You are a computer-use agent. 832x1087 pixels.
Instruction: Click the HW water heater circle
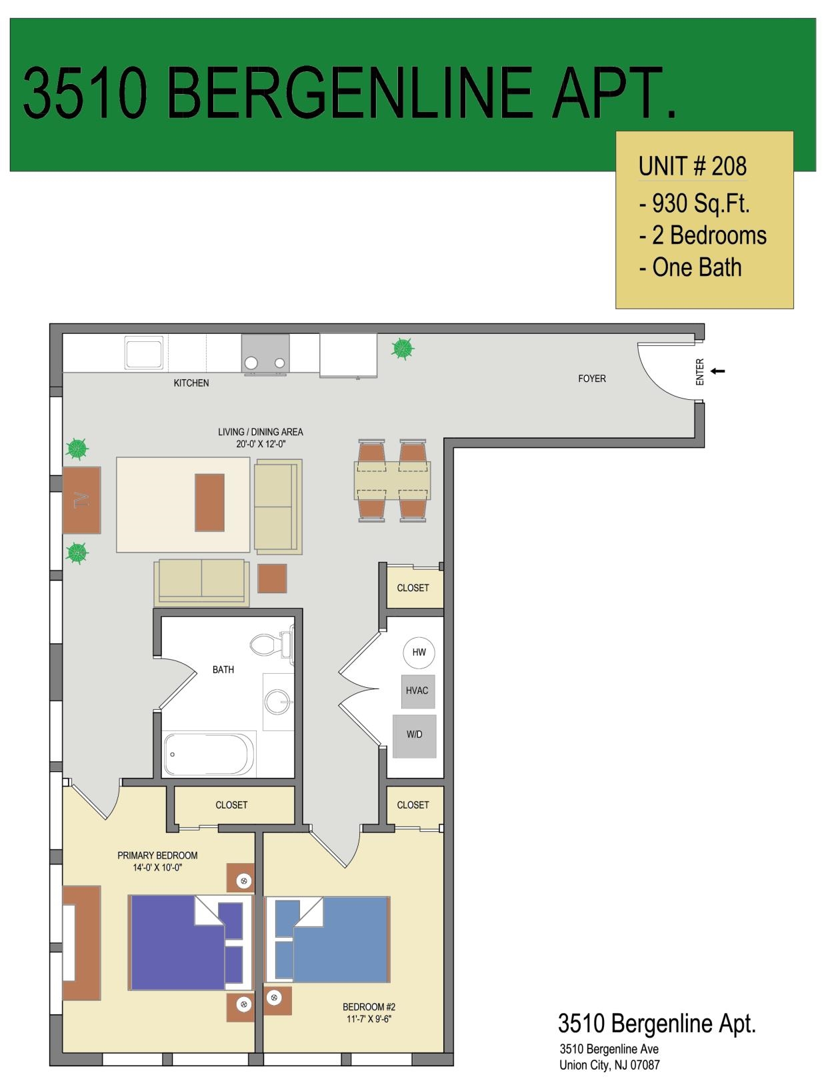click(419, 652)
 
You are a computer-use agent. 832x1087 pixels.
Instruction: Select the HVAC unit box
click(418, 691)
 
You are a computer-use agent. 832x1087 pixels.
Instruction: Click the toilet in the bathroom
click(271, 644)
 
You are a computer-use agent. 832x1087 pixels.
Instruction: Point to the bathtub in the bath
click(209, 754)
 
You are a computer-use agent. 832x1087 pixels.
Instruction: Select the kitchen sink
click(143, 353)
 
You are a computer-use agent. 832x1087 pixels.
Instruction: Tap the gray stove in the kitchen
click(265, 354)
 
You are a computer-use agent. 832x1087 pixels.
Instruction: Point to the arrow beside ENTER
click(717, 371)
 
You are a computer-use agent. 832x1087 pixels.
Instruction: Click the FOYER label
click(592, 379)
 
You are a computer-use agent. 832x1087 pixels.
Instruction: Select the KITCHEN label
click(191, 383)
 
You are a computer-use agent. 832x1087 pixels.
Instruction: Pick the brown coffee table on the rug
click(209, 503)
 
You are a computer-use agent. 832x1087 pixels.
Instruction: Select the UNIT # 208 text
click(693, 167)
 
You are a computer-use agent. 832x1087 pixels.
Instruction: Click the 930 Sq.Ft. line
click(694, 203)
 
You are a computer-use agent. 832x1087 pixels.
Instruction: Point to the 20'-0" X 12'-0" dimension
click(261, 445)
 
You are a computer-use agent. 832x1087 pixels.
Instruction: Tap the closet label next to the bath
click(231, 805)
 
